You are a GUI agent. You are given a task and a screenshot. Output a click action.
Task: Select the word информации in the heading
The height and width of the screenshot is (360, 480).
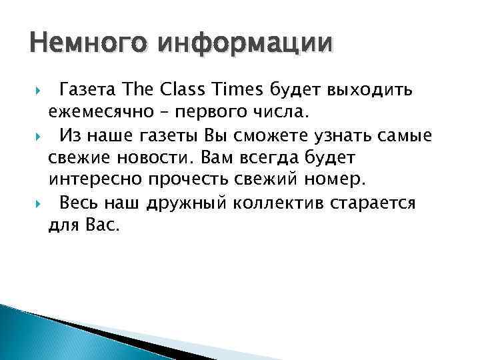pos(245,44)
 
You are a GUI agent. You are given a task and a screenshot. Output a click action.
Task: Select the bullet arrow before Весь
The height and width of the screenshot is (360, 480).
pos(35,205)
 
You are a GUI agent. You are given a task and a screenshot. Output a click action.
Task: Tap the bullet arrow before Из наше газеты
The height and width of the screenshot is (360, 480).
pos(35,137)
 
